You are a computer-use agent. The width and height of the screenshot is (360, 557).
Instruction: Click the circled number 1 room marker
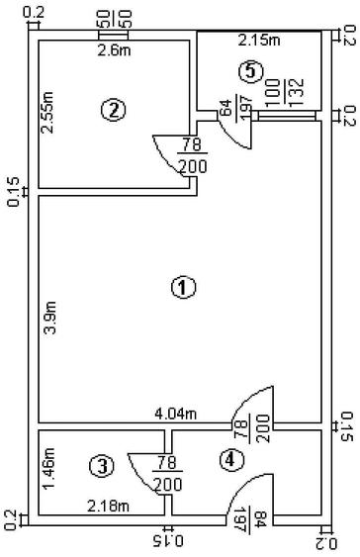pyautogui.click(x=183, y=287)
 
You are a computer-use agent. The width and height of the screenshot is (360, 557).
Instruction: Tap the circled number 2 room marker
pyautogui.click(x=114, y=110)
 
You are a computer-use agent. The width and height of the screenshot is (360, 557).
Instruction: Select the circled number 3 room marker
pyautogui.click(x=102, y=466)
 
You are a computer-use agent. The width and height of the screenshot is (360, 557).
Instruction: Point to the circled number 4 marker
pyautogui.click(x=231, y=460)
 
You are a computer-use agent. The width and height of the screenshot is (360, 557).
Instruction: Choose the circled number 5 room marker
pyautogui.click(x=250, y=71)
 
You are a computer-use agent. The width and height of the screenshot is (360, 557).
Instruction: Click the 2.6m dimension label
pyautogui.click(x=114, y=50)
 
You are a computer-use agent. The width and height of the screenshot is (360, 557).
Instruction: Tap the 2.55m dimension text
pyautogui.click(x=47, y=112)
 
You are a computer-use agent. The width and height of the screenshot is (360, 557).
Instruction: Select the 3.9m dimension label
pyautogui.click(x=49, y=318)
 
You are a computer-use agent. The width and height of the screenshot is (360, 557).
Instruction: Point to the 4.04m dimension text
pyautogui.click(x=175, y=414)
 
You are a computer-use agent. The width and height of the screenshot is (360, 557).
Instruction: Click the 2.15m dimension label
pyautogui.click(x=259, y=41)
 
